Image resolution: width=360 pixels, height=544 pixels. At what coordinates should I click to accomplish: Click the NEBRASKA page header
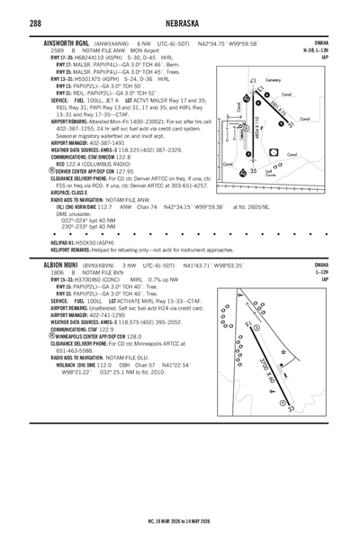(x=180, y=23)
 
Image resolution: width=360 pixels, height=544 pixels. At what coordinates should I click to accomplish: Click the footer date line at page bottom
(x=180, y=521)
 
